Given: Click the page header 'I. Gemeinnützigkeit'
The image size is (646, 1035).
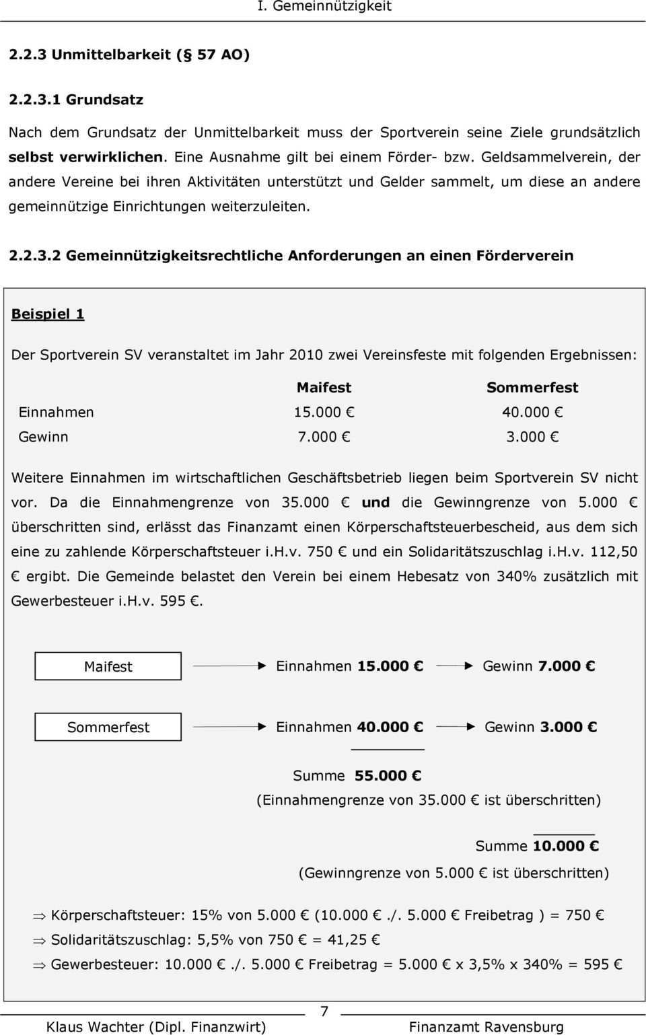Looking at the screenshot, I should click(x=324, y=7).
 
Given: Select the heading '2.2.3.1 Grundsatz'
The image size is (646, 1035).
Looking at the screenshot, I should click(x=76, y=100).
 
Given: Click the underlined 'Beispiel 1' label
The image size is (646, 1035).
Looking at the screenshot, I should click(x=48, y=314).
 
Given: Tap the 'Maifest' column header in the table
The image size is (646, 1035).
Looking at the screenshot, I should click(x=324, y=388).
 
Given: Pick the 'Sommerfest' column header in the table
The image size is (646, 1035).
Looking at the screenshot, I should click(x=532, y=388).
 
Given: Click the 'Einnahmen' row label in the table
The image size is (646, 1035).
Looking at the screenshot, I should click(x=56, y=413).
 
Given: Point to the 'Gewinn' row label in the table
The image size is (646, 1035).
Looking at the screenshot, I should click(x=43, y=437).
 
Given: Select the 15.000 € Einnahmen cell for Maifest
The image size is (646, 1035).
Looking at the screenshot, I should click(x=324, y=413).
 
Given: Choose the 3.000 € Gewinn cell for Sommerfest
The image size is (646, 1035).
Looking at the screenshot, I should click(x=532, y=437).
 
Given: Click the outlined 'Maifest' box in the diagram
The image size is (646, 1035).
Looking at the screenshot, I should click(x=108, y=666).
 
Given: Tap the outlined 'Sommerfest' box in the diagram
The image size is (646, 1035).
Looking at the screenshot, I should click(x=108, y=727).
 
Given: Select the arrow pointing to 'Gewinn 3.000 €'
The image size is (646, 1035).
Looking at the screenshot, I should click(x=454, y=727).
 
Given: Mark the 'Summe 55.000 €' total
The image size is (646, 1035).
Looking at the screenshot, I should click(x=357, y=776).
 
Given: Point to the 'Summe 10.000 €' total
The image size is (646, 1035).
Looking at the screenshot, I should click(x=536, y=846).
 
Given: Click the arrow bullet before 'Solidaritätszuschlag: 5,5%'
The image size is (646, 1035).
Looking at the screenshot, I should click(x=40, y=940).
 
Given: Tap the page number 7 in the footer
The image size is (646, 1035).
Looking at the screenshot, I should click(x=324, y=1011).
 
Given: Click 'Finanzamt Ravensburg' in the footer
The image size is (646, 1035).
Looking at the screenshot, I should click(x=486, y=1027).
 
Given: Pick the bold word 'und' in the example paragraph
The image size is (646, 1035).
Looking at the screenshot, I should click(x=375, y=503).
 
